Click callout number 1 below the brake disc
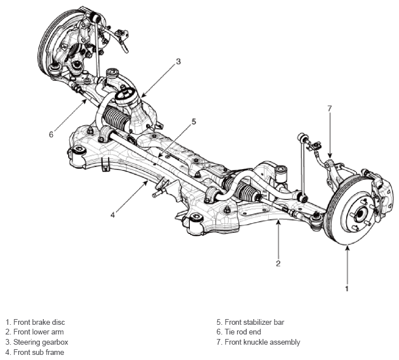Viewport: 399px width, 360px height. click(x=347, y=288)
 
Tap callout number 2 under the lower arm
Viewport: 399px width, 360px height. click(x=278, y=263)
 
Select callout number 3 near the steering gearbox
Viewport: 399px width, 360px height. click(x=178, y=61)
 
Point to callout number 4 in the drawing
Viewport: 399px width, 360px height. click(x=113, y=215)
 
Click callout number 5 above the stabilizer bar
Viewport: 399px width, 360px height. click(x=194, y=122)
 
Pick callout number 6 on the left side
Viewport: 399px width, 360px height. click(x=51, y=135)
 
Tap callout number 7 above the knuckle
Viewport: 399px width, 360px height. click(x=330, y=108)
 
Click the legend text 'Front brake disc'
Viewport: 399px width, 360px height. click(x=39, y=322)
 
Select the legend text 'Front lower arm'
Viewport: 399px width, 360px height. click(x=39, y=332)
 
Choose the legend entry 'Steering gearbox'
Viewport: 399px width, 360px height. click(x=41, y=342)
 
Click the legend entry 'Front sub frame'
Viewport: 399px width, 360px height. click(x=39, y=352)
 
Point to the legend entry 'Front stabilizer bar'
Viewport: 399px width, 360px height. click(x=255, y=322)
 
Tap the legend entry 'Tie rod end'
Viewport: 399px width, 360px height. click(x=243, y=332)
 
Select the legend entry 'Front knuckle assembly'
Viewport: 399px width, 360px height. click(x=263, y=342)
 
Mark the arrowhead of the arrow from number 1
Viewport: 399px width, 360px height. click(x=347, y=246)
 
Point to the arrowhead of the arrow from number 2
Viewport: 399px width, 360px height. click(x=279, y=221)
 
